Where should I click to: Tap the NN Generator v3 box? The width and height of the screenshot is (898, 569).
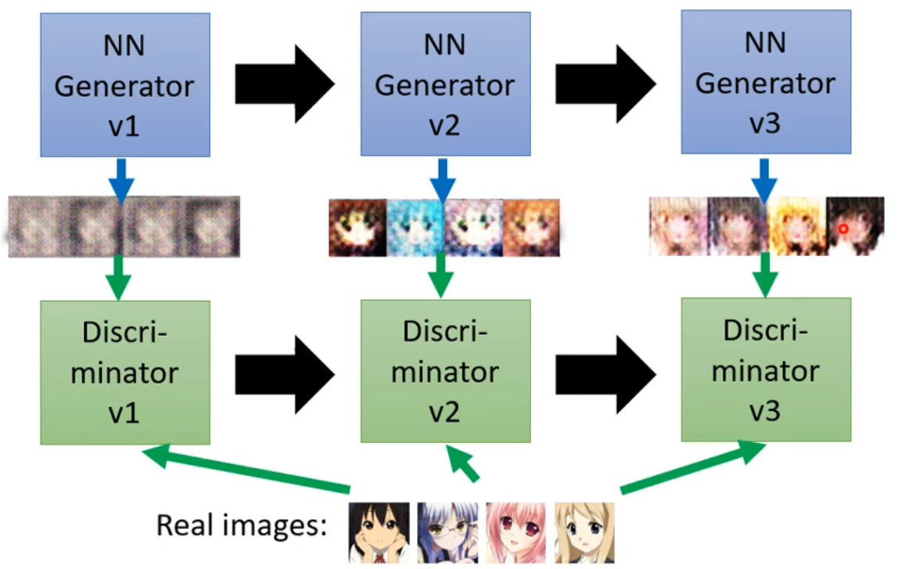click(765, 81)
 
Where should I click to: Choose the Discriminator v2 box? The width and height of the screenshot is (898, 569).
click(444, 370)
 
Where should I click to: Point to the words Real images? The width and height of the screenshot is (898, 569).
click(241, 524)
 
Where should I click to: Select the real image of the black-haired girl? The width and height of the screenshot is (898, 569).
click(379, 532)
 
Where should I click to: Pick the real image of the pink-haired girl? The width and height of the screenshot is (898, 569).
click(515, 532)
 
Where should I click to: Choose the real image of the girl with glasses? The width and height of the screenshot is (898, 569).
click(447, 532)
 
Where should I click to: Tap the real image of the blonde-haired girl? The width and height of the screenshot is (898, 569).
click(584, 532)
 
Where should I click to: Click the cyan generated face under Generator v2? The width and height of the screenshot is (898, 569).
click(415, 228)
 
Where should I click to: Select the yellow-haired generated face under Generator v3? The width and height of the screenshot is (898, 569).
click(796, 227)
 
